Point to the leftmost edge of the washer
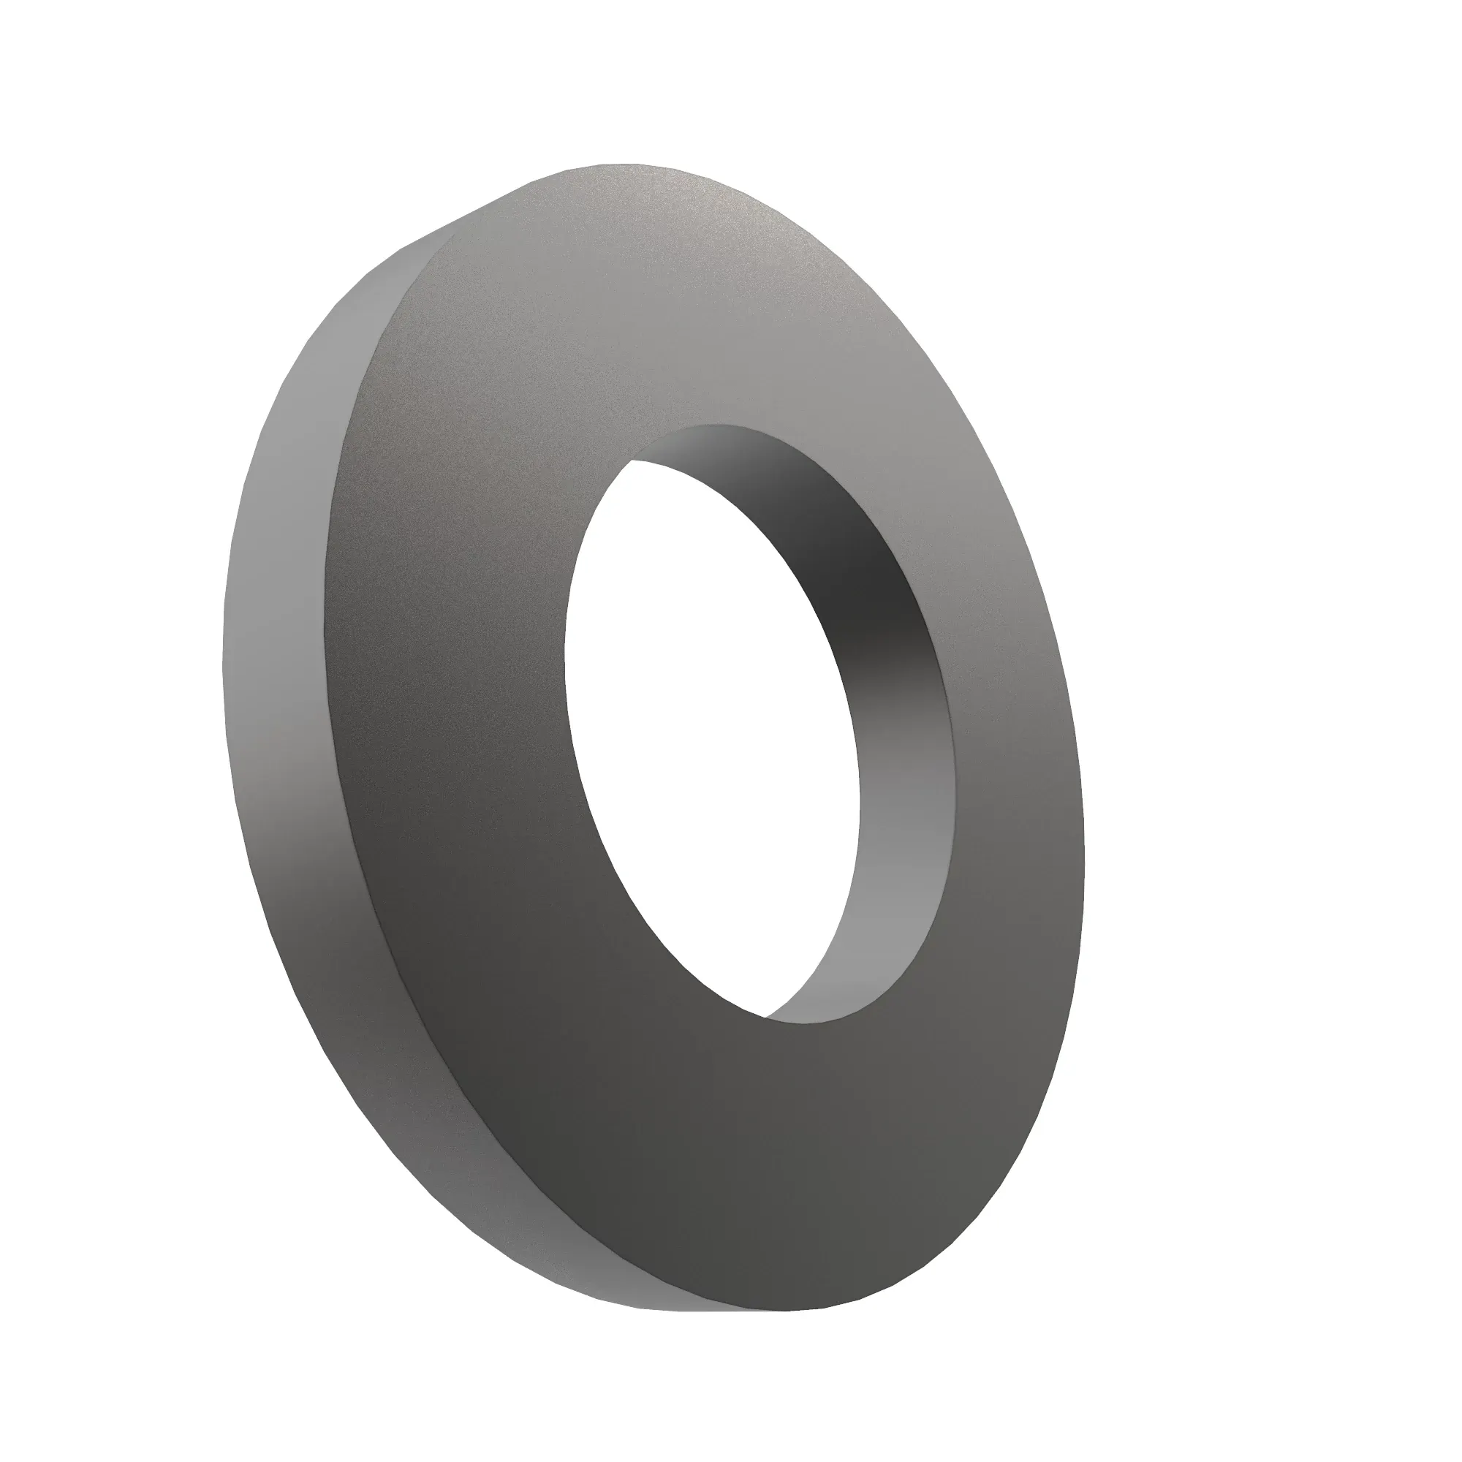pos(222,666)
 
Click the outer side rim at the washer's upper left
pos(356,318)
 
